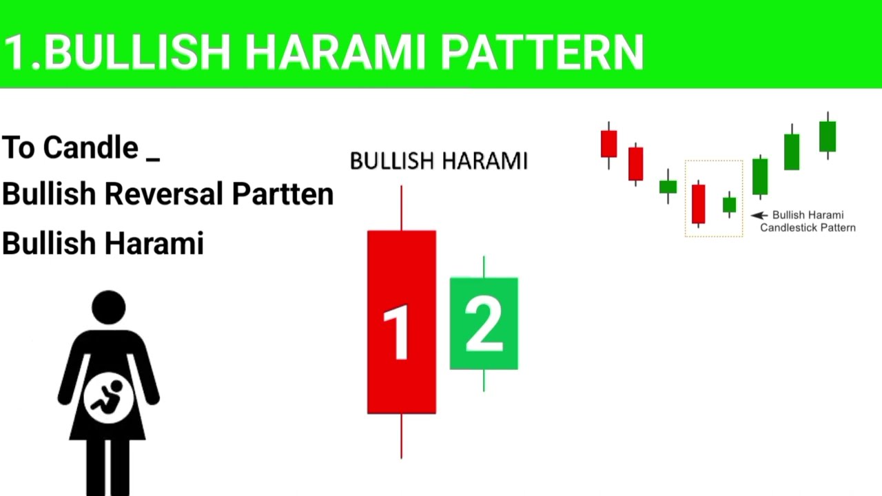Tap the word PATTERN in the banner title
pyautogui.click(x=542, y=52)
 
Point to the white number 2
pyautogui.click(x=484, y=323)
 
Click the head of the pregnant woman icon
pyautogui.click(x=109, y=307)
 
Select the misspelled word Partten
pyautogui.click(x=283, y=194)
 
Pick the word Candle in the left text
pyautogui.click(x=90, y=147)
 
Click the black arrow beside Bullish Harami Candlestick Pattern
pyautogui.click(x=759, y=216)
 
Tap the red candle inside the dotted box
pyautogui.click(x=699, y=203)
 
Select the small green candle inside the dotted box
pyautogui.click(x=729, y=205)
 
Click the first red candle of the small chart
pyautogui.click(x=608, y=144)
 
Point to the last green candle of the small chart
pyautogui.click(x=827, y=136)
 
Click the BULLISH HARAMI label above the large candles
pyautogui.click(x=438, y=161)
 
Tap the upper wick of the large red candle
pyautogui.click(x=402, y=207)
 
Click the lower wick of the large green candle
pyautogui.click(x=484, y=380)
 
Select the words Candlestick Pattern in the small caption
pyautogui.click(x=808, y=227)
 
